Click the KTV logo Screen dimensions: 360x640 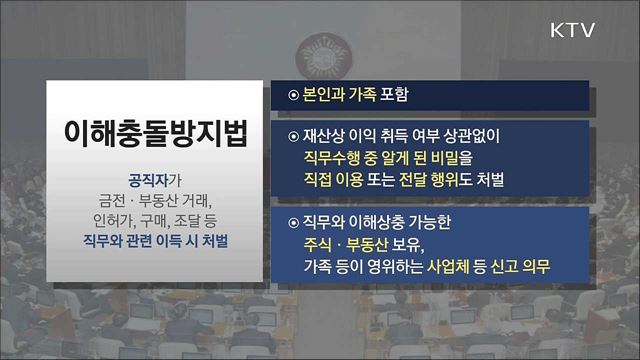573,31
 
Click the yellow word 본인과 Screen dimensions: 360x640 325,97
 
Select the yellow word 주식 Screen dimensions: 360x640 320,245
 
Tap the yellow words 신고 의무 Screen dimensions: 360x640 526,268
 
